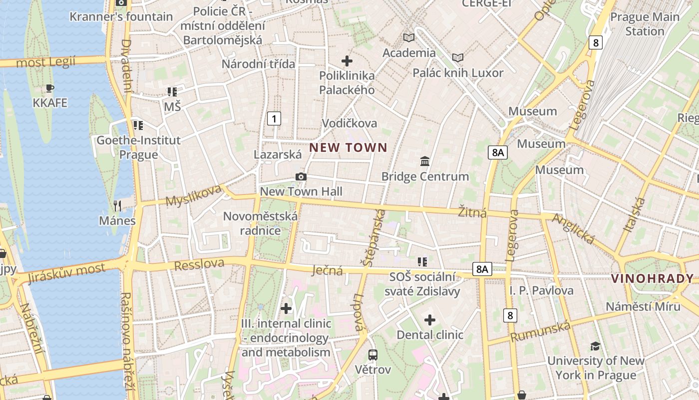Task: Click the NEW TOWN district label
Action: coord(348,147)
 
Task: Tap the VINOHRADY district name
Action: coord(653,279)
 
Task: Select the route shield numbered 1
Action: coord(274,118)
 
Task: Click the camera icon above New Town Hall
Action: coord(301,176)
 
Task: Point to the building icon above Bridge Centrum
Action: coord(425,161)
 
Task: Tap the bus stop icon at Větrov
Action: coord(372,355)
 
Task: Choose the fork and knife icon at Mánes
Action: coord(117,205)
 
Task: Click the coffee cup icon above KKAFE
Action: coord(49,88)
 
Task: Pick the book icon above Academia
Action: coord(409,37)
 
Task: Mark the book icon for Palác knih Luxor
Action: coord(458,57)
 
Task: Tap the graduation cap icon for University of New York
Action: coord(595,346)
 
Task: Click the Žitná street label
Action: coord(472,212)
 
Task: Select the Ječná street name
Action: coord(327,270)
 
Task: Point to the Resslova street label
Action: coord(199,263)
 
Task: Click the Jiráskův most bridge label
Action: coord(67,272)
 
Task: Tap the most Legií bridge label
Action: coord(45,62)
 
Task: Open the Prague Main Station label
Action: coord(644,24)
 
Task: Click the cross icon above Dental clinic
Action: coord(429,320)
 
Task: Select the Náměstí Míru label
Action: coord(643,306)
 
